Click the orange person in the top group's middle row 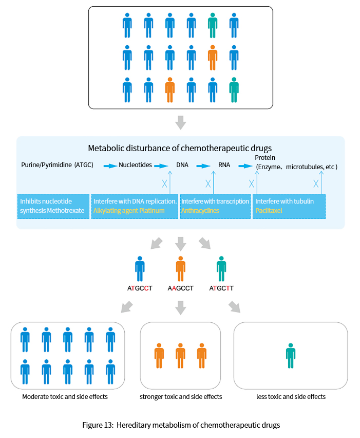[213, 58]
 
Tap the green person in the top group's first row [213, 25]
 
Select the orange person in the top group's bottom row [169, 90]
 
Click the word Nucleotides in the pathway [136, 165]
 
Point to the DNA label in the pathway [182, 165]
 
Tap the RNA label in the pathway [224, 165]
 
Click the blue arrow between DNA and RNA [203, 166]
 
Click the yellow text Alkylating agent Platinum [129, 211]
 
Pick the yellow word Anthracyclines [200, 211]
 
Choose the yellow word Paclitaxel [269, 211]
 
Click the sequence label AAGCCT [181, 288]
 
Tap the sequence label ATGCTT [221, 288]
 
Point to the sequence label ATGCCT [140, 288]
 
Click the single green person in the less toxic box [291, 356]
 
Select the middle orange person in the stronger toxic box [180, 356]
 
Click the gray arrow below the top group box [181, 123]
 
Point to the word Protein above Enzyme [265, 157]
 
